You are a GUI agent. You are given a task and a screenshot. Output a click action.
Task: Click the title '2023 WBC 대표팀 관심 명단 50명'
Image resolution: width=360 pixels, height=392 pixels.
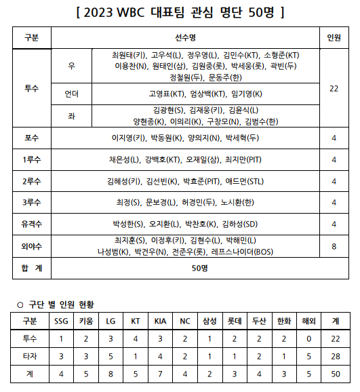[180, 12]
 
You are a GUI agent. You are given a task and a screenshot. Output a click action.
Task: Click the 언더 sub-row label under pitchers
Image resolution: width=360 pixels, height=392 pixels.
[72, 94]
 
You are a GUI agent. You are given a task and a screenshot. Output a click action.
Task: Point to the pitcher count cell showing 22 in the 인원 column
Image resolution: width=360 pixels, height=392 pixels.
[334, 88]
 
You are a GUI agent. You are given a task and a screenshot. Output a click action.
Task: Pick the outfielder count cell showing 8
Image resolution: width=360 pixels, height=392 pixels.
[334, 246]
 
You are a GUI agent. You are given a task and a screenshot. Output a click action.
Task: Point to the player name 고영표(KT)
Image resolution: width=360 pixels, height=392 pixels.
[167, 94]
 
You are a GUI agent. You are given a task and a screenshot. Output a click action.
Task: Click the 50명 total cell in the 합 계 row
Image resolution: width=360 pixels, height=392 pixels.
[199, 269]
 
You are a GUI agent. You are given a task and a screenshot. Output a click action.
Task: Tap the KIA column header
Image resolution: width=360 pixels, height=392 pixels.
[159, 321]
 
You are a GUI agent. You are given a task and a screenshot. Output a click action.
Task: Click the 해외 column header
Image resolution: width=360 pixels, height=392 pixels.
[308, 321]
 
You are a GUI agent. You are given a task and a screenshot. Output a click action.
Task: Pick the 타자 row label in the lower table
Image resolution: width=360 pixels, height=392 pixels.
[30, 355]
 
